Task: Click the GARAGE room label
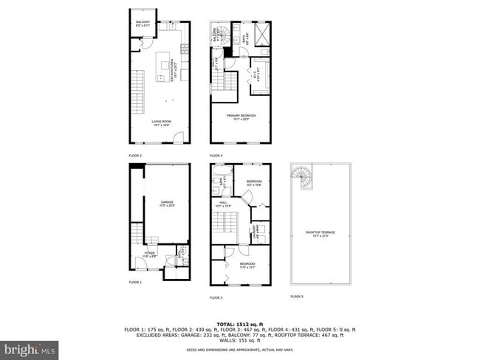167,203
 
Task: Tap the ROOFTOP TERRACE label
320,233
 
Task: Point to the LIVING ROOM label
162,122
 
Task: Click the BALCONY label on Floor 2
143,24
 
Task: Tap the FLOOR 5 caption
296,297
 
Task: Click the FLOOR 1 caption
135,283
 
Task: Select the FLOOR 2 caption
135,156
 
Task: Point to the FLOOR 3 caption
216,297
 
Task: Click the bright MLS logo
30,347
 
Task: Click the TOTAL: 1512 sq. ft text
240,324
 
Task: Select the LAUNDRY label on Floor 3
253,235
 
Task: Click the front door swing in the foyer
141,263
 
